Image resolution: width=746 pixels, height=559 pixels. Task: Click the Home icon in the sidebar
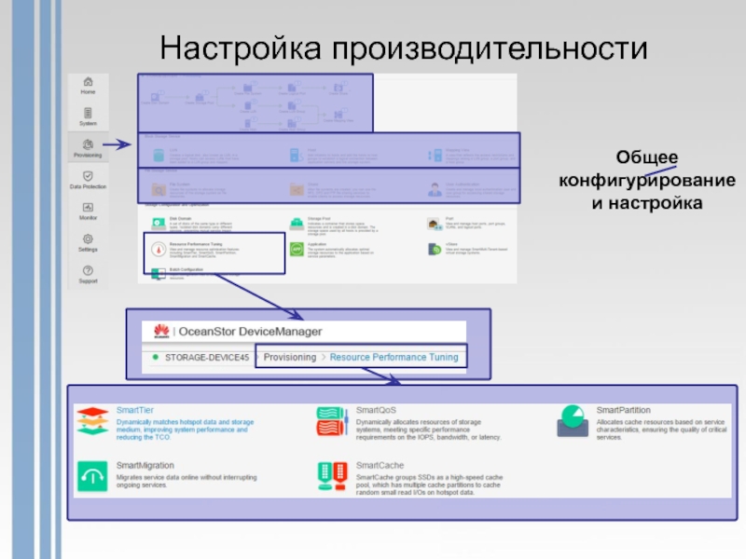88,81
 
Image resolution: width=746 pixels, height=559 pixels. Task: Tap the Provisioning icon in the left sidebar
88,143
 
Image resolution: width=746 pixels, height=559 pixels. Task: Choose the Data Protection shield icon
88,175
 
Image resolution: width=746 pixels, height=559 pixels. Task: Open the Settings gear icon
88,239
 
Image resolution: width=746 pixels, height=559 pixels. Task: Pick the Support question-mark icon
88,270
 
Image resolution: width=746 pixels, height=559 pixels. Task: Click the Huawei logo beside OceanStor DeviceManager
159,331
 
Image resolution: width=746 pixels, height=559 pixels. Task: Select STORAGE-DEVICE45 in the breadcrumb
206,357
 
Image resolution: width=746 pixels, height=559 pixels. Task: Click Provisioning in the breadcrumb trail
290,357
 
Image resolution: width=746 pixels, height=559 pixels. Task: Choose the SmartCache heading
379,463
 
